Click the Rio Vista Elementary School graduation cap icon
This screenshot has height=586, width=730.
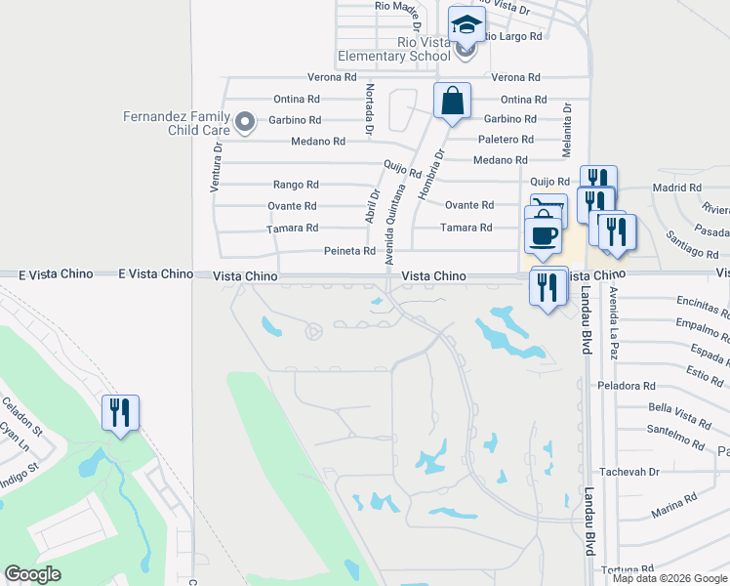coord(466,25)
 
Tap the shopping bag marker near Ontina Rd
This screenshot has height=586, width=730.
coord(453,101)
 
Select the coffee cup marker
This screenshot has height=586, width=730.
coord(543,235)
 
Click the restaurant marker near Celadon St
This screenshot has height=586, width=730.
coord(120,413)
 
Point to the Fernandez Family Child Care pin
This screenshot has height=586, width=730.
coord(245,123)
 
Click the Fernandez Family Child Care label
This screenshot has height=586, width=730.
coord(177,123)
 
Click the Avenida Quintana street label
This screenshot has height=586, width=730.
coord(394,222)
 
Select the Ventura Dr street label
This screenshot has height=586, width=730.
coord(217,165)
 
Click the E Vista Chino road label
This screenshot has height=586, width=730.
coord(56,275)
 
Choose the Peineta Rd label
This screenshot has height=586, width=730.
coord(349,251)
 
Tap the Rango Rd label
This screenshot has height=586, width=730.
coord(296,184)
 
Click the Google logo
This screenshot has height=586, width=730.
coord(33,574)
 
